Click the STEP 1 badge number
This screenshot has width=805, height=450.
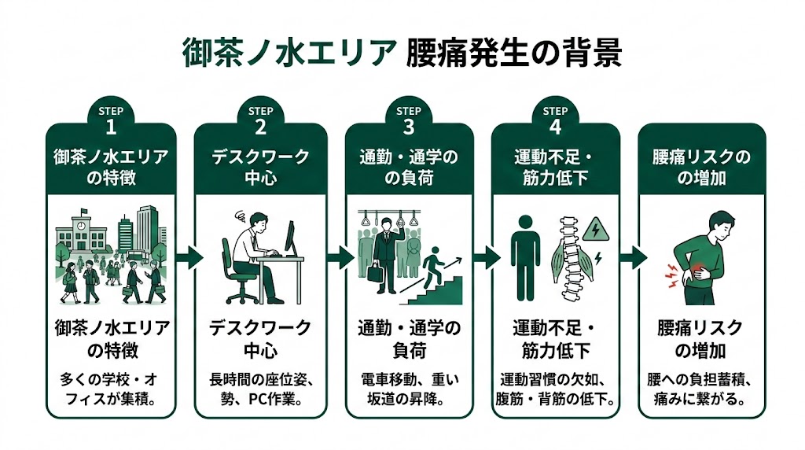[x=111, y=126]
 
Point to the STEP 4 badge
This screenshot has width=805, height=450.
[x=555, y=120]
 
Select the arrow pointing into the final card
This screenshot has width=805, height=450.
[x=633, y=256]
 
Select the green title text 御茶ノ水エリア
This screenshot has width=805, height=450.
[x=289, y=54]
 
